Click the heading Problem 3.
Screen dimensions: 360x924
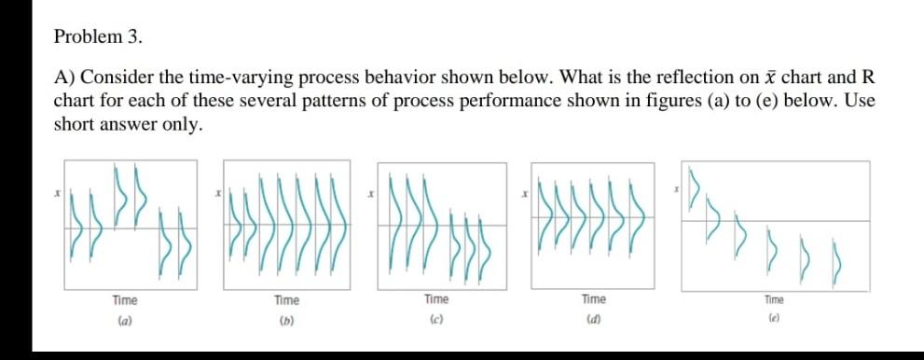(x=99, y=37)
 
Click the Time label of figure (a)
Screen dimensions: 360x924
(x=125, y=299)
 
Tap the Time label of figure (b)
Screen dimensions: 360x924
(x=286, y=299)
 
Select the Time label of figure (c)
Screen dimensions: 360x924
(x=435, y=299)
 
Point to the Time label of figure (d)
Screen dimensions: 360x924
(x=593, y=299)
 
